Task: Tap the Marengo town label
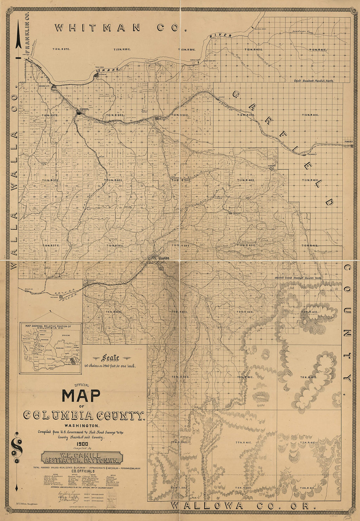(272, 166)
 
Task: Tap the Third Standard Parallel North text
(314, 80)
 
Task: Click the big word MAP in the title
(81, 396)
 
